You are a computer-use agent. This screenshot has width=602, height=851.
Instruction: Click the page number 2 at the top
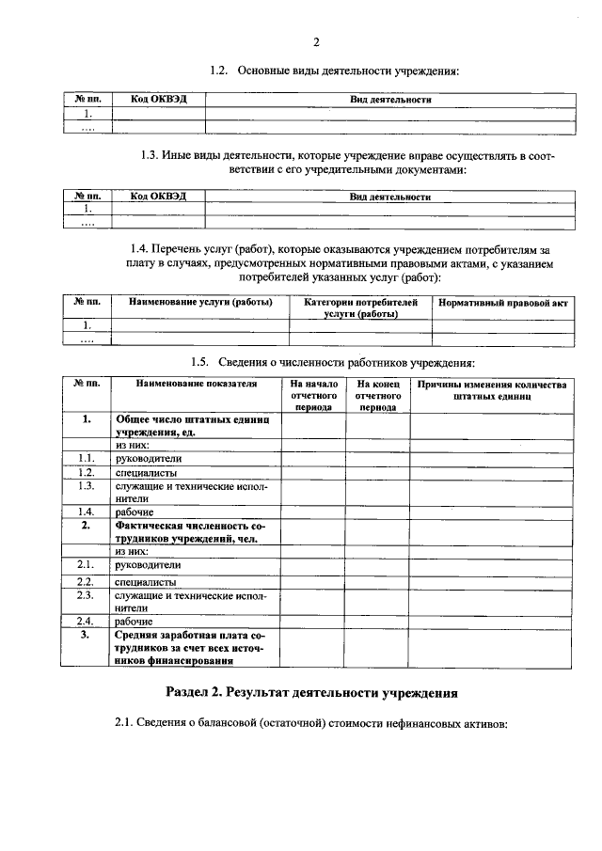click(316, 42)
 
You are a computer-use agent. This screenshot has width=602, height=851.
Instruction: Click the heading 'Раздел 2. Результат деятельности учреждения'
click(311, 693)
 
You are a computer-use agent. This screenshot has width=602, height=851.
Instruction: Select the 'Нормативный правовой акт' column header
click(502, 303)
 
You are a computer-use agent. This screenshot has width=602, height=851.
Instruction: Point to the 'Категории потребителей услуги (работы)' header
click(360, 308)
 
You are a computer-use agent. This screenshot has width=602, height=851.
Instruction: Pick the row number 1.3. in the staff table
click(87, 486)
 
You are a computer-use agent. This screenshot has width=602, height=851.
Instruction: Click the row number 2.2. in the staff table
click(87, 583)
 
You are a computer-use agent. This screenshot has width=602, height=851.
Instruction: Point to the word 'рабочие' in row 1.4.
click(135, 512)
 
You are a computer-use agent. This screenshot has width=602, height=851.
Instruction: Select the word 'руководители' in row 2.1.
click(148, 565)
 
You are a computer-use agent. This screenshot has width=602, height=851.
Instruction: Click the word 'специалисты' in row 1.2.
click(146, 473)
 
